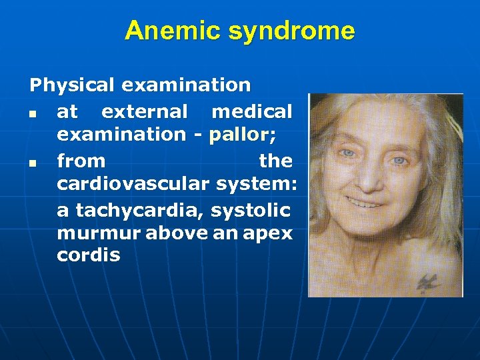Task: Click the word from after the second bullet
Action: click(x=81, y=161)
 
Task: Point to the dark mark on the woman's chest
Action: click(x=427, y=283)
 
